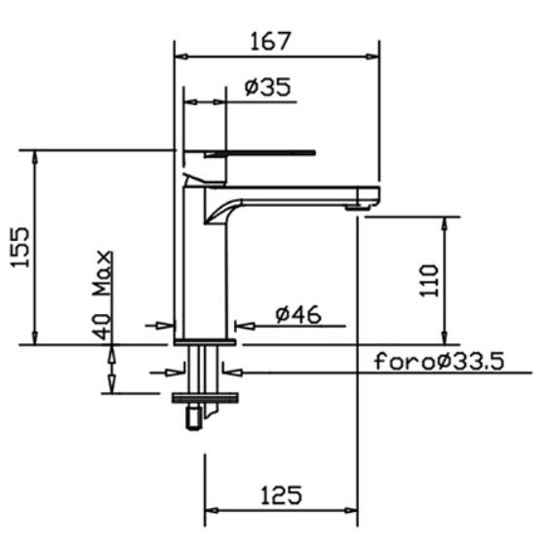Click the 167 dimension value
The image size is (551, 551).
[270, 41]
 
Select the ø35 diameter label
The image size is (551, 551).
[268, 87]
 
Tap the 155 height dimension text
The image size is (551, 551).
[20, 248]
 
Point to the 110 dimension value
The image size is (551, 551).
[429, 281]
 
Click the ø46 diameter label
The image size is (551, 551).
[298, 314]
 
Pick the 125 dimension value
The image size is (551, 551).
[281, 495]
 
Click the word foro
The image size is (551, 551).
[405, 361]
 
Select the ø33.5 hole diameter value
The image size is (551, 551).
[470, 361]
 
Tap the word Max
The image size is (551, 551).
[102, 273]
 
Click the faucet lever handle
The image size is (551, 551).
[260, 153]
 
